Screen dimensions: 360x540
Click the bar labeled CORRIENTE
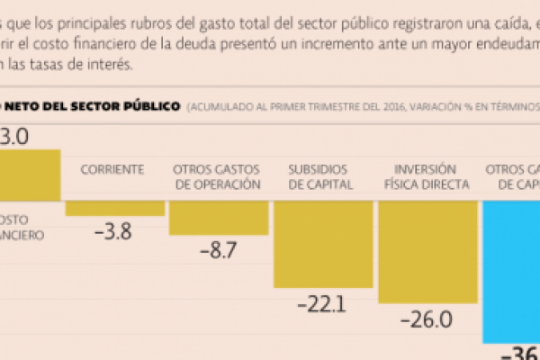click(x=115, y=208)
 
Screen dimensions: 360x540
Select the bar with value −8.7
click(x=219, y=217)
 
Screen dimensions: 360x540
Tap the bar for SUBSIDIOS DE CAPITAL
click(x=322, y=243)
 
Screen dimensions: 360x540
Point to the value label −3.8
click(x=113, y=231)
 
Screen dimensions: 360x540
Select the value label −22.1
click(x=322, y=304)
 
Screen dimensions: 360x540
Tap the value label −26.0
click(x=427, y=319)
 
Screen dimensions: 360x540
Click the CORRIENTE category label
click(x=113, y=169)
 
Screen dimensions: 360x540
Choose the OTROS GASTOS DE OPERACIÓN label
click(x=219, y=176)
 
